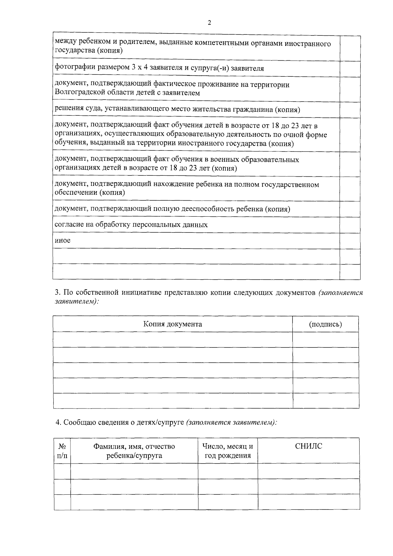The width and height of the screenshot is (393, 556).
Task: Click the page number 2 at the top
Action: (209, 23)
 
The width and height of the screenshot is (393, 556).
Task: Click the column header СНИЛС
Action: (309, 446)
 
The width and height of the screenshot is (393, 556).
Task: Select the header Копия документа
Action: (173, 324)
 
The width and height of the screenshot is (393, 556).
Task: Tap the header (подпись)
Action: (326, 324)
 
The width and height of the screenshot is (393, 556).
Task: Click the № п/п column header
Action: (62, 451)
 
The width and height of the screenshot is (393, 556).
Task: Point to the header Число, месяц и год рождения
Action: (228, 451)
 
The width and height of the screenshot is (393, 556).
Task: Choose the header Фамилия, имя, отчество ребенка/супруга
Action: (134, 451)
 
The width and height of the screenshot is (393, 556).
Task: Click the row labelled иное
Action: (63, 240)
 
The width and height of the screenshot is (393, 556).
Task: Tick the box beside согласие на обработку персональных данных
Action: (350, 225)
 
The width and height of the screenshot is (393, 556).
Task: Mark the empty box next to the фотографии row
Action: (350, 69)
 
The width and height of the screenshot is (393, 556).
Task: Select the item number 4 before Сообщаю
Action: (58, 423)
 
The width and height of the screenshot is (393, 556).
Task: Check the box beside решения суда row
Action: (350, 110)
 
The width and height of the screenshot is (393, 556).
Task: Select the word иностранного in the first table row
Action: (310, 44)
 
